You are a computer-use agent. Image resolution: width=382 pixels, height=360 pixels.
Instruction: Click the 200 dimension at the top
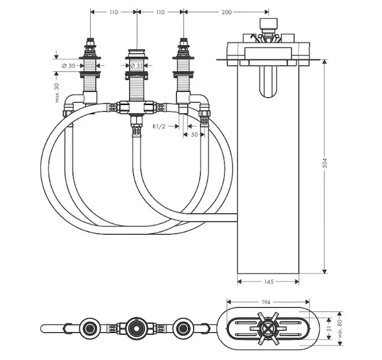[226, 12]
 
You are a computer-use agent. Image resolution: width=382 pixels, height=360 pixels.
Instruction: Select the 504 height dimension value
[324, 163]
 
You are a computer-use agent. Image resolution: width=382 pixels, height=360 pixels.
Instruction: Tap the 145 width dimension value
[268, 281]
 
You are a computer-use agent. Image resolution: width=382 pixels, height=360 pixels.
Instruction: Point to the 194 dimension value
[266, 302]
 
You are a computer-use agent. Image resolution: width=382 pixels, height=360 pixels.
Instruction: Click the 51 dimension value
[329, 328]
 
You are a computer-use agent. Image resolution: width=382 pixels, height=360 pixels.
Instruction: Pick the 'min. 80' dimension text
[340, 328]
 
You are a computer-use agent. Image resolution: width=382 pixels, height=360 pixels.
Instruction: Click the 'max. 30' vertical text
[56, 93]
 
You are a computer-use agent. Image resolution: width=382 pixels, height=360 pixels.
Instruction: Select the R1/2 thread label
[159, 127]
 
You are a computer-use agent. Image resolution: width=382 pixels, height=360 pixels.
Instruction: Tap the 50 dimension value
[194, 134]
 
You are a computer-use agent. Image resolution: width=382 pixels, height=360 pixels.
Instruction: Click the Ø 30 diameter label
[68, 66]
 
